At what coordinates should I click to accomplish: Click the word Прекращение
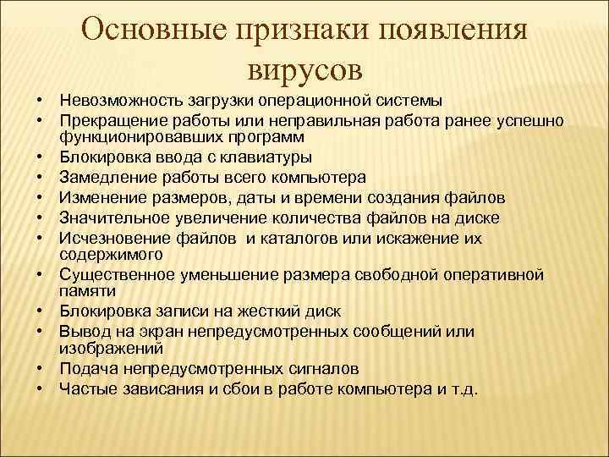(x=107, y=121)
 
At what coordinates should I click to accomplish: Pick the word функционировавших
(x=126, y=136)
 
